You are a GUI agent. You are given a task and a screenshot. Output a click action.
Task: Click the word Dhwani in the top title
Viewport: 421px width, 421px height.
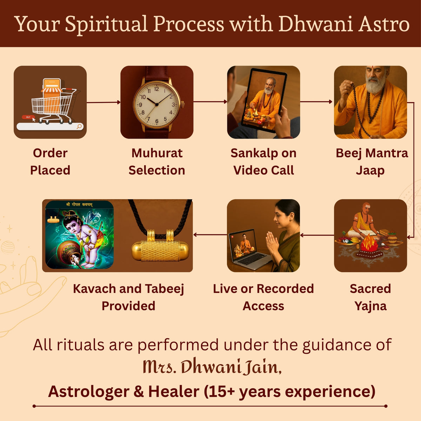[x=316, y=24]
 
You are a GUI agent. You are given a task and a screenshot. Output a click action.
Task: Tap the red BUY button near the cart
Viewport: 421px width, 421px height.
[x=28, y=117]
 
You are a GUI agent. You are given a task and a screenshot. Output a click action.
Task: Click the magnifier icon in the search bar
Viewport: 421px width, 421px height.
[x=79, y=126]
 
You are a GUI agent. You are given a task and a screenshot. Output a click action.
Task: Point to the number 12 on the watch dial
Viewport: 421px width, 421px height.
[x=156, y=89]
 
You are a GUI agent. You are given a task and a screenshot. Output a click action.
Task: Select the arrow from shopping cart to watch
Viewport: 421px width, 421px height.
[x=103, y=102]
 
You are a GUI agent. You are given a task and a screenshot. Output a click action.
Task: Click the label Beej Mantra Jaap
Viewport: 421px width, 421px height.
[x=372, y=162]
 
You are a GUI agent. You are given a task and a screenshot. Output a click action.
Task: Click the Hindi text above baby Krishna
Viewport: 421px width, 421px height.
[x=79, y=205]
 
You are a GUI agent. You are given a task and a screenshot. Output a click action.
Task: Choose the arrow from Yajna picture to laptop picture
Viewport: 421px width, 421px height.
[x=317, y=235]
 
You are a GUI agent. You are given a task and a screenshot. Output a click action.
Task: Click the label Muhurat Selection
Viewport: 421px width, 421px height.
[x=157, y=162]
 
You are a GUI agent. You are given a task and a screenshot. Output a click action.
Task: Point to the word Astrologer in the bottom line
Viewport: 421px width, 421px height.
[x=89, y=392]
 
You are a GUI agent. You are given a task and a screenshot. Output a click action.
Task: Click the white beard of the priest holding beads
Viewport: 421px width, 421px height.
[x=375, y=83]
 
